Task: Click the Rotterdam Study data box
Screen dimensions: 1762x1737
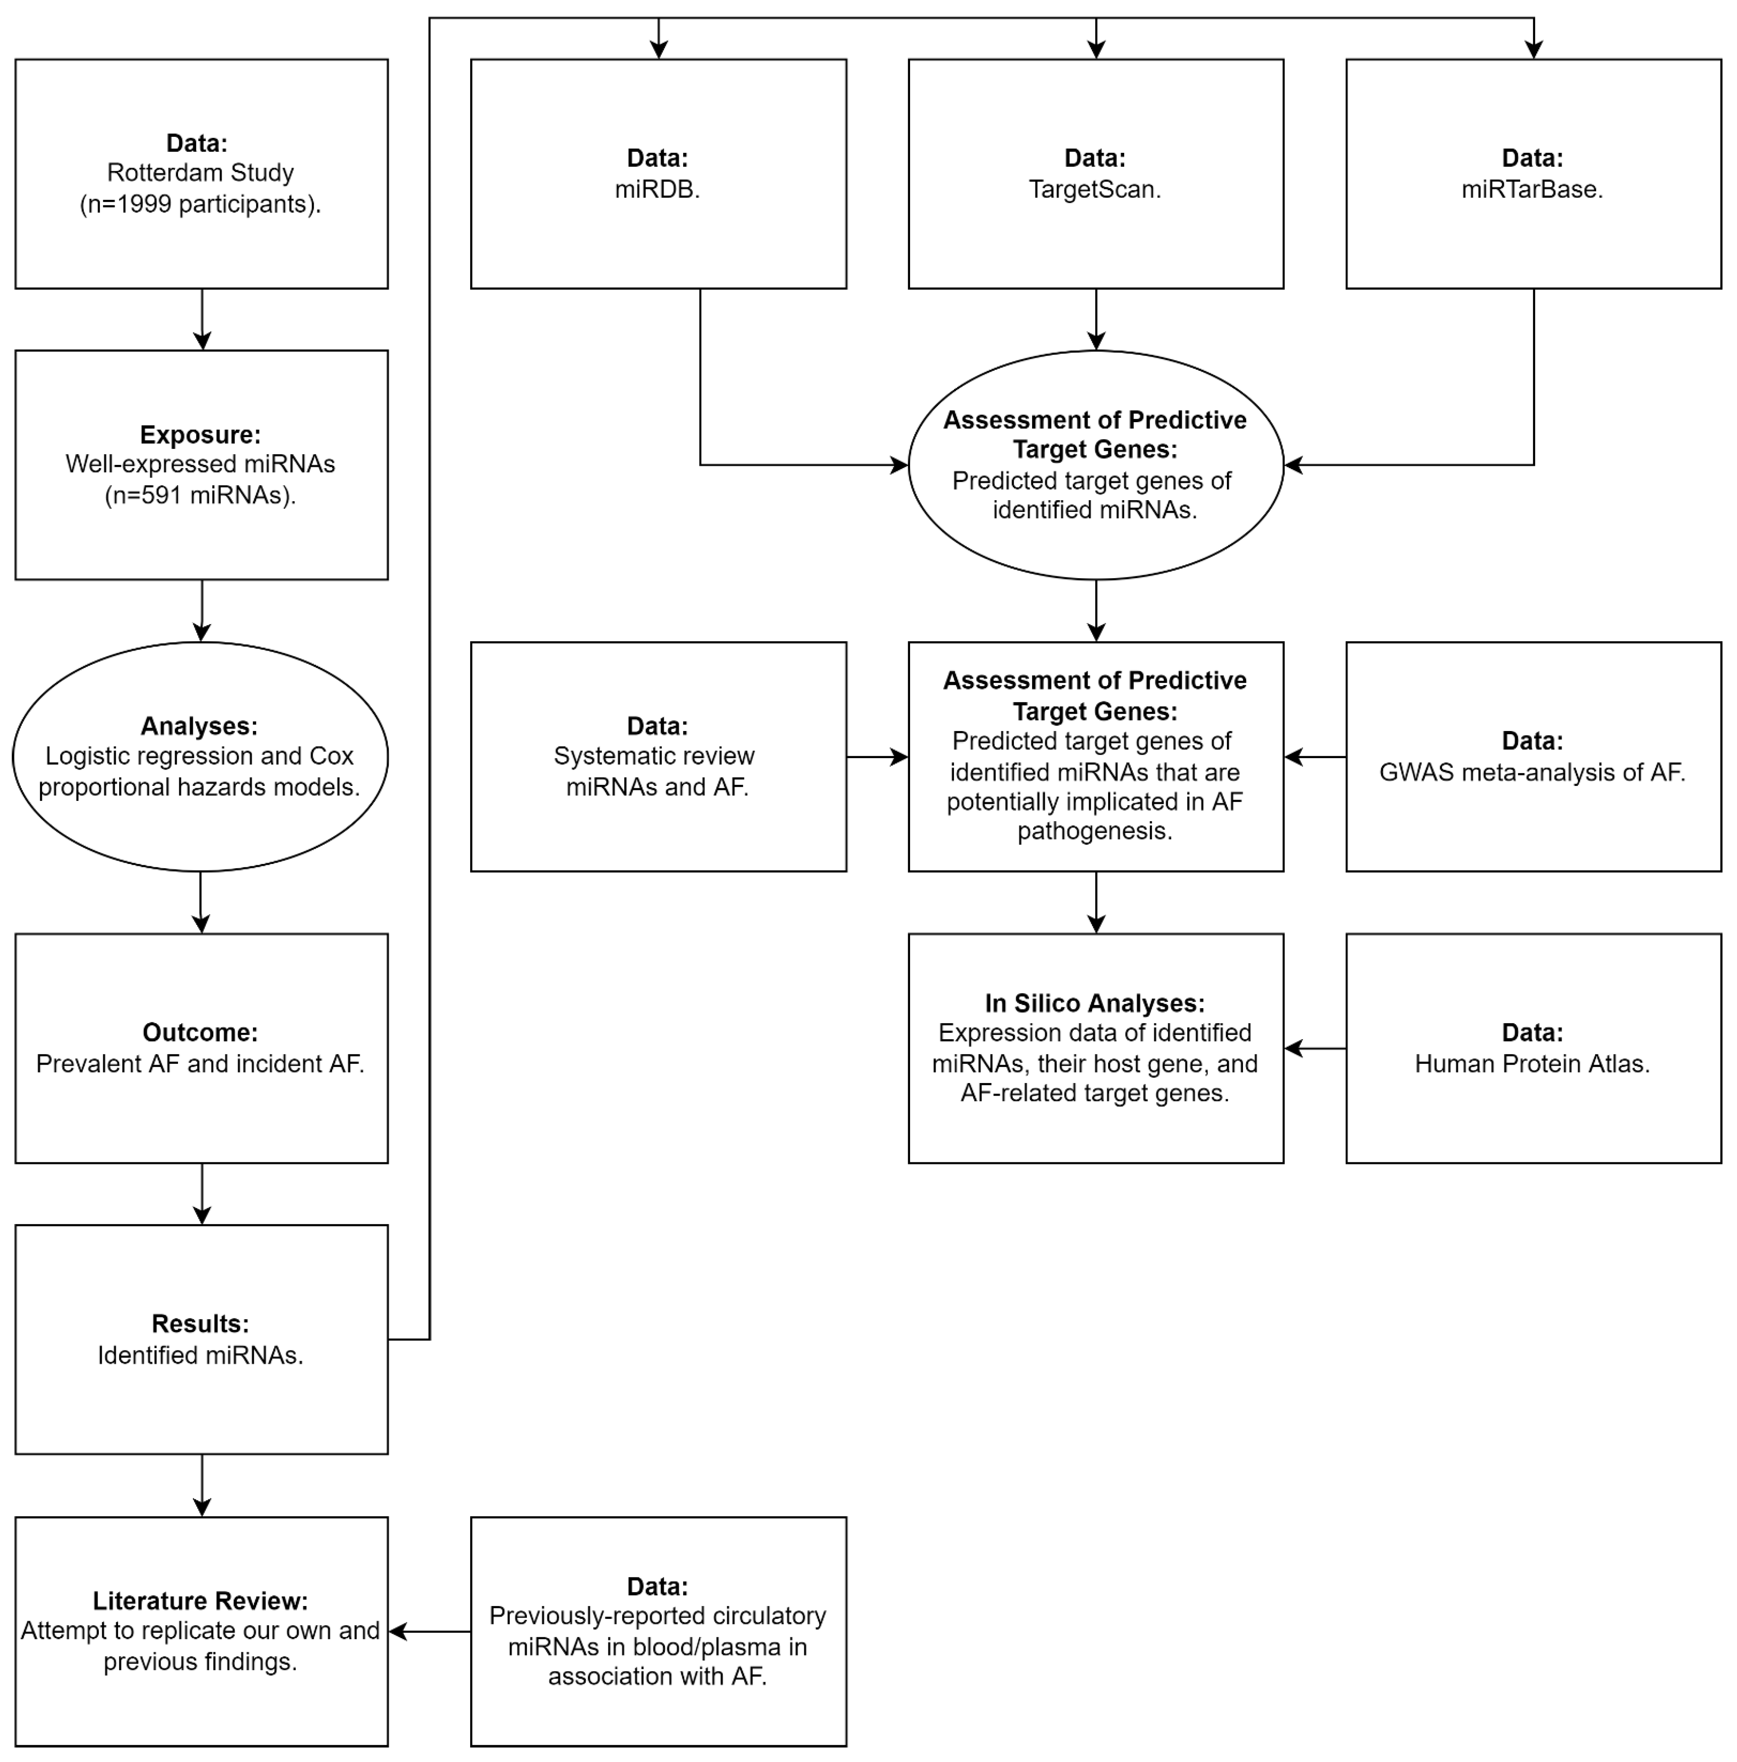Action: pos(201,173)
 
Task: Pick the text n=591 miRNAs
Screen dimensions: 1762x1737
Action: pos(200,495)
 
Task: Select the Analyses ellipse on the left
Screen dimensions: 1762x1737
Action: pos(200,756)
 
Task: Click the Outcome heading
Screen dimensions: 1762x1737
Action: pos(200,1033)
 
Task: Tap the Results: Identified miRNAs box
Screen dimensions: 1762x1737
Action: pos(201,1339)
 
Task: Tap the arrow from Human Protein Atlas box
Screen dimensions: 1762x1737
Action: pos(1315,1049)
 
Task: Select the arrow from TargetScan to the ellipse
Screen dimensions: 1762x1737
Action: pos(1096,319)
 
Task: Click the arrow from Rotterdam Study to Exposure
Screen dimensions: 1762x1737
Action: pos(202,319)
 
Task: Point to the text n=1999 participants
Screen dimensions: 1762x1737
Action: pos(200,204)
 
